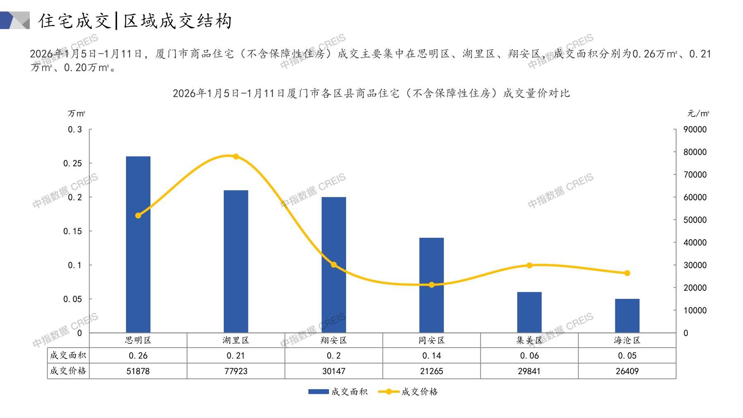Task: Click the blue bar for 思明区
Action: click(138, 244)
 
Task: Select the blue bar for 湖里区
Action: click(236, 261)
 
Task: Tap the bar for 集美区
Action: click(529, 312)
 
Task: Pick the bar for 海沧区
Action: click(627, 315)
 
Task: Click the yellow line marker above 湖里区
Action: click(236, 156)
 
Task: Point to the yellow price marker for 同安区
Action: click(432, 285)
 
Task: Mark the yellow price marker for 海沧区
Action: click(627, 273)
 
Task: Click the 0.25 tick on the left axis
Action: click(73, 163)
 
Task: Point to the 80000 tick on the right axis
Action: click(695, 152)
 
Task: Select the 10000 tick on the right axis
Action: click(695, 310)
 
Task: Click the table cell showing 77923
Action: click(236, 371)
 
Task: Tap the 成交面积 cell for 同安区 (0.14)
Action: click(432, 356)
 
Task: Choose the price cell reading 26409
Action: click(627, 371)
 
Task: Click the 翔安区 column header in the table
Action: click(334, 340)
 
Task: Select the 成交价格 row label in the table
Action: click(68, 371)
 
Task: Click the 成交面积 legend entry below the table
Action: click(338, 392)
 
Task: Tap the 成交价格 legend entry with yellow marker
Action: click(408, 392)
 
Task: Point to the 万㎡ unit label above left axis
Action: click(76, 113)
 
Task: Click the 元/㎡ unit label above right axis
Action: click(698, 113)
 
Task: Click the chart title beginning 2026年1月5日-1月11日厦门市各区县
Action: click(371, 93)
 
